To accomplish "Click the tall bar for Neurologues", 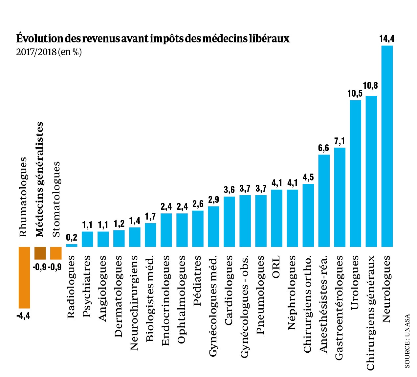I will (x=387, y=146).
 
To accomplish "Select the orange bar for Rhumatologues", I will (x=24, y=277).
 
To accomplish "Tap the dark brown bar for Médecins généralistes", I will (x=40, y=253).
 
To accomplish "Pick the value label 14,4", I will (x=387, y=39).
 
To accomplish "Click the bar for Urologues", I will (x=355, y=173).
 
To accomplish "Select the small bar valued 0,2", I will (x=72, y=245).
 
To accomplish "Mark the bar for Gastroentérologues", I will (x=340, y=197).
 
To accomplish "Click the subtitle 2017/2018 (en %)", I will (x=49, y=52).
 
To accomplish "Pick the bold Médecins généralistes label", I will (x=40, y=179).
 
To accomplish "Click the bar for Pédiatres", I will (x=198, y=228).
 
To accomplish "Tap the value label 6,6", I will (x=323, y=148).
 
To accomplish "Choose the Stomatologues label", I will (x=56, y=199).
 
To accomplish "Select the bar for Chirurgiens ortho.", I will (x=308, y=215).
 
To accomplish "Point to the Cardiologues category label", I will (x=229, y=290).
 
